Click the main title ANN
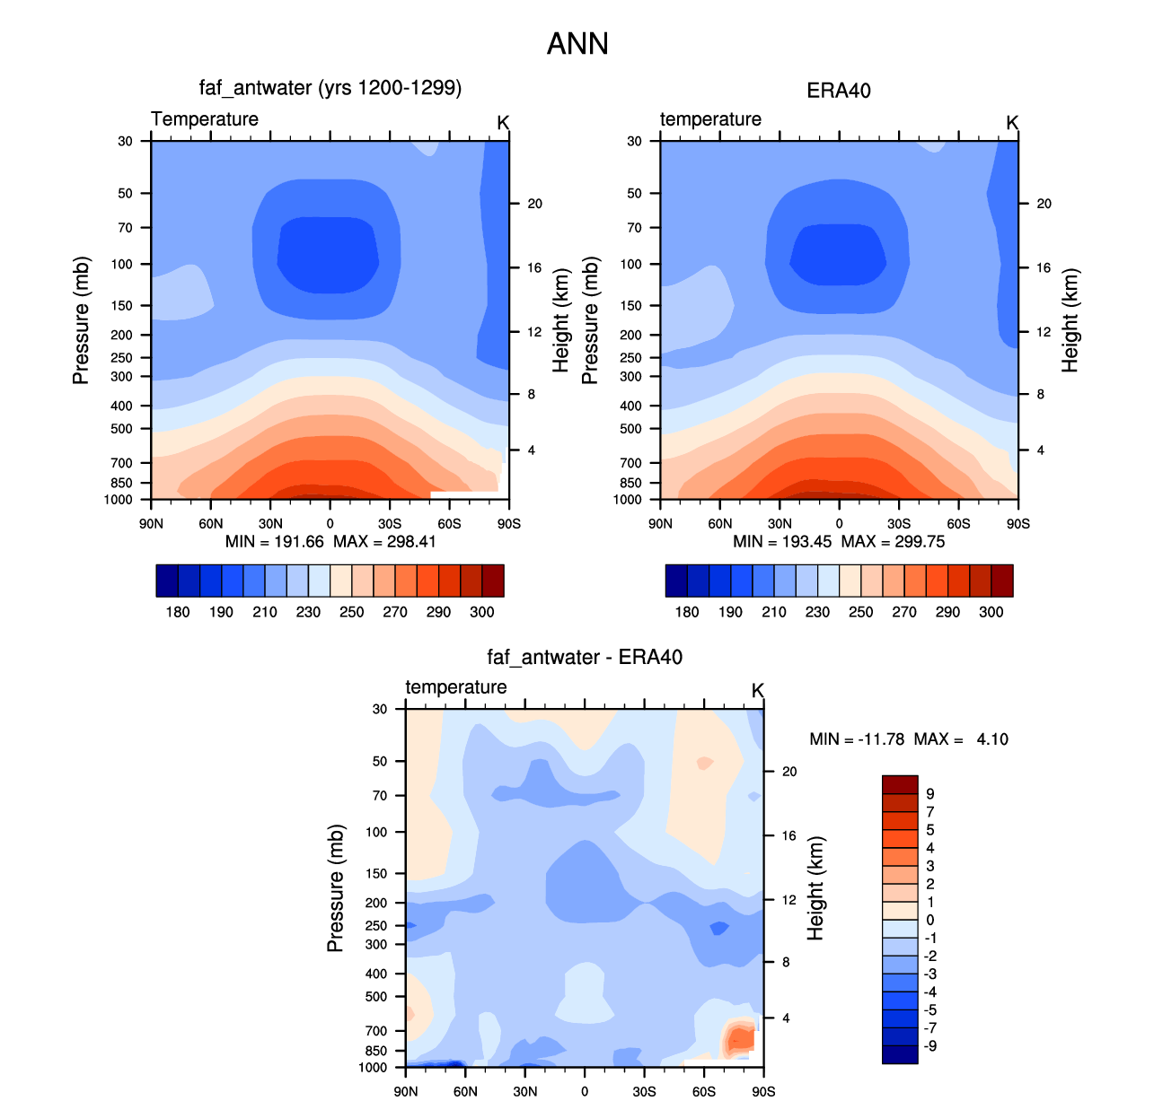pos(577,44)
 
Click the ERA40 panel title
pos(839,91)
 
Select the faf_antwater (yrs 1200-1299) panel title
pos(330,88)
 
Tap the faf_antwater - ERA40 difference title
pos(584,657)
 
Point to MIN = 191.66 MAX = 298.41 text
pos(330,542)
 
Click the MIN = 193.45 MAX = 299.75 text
pos(839,542)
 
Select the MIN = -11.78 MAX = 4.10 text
pos(909,739)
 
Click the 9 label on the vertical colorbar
pos(929,793)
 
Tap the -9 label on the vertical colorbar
pos(929,1046)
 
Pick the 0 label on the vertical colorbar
pos(929,920)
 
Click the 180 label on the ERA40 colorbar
pos(687,612)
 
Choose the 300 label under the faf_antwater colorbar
pos(481,612)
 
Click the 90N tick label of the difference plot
pos(406,1091)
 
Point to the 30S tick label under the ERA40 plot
pos(898,524)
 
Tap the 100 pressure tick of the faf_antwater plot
pos(122,265)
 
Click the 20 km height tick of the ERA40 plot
pos(1044,204)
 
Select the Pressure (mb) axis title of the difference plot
pos(335,887)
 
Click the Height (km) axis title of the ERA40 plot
pos(1070,320)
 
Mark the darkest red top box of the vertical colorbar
pos(900,784)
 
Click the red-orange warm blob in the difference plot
pos(739,1038)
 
